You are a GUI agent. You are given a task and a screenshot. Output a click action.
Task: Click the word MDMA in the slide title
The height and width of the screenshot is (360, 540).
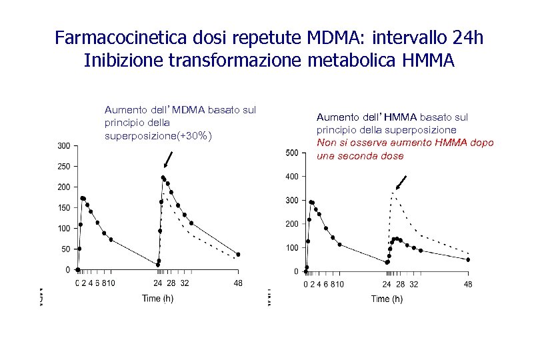[x=339, y=37]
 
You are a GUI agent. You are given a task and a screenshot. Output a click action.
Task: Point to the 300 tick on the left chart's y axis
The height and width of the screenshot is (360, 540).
[x=63, y=145]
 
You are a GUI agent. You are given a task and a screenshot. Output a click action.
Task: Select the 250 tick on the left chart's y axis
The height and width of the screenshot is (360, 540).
[x=63, y=166]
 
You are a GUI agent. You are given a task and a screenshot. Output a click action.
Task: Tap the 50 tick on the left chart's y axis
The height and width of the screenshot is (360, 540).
[x=65, y=249]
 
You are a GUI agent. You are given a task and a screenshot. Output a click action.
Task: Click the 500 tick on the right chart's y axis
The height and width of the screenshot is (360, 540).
[x=291, y=153]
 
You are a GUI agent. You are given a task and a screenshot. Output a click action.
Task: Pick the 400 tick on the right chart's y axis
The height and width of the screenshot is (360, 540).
[x=291, y=177]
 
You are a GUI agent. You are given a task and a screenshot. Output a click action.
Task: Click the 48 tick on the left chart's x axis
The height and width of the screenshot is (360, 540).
[x=237, y=283]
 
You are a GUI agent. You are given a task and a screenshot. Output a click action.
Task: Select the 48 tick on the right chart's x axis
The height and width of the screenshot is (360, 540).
[x=468, y=285]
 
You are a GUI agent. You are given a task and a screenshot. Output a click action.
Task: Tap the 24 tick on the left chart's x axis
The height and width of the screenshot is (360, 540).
[x=158, y=283]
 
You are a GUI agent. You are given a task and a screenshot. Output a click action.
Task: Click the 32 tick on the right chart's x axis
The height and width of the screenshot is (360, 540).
[x=413, y=285]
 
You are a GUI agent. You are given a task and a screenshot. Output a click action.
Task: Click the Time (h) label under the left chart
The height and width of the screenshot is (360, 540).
[x=157, y=298]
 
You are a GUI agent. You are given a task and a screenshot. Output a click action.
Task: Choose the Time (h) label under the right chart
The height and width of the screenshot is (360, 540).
[x=387, y=299]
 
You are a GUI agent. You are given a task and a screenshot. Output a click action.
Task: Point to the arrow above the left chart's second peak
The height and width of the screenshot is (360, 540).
[x=167, y=160]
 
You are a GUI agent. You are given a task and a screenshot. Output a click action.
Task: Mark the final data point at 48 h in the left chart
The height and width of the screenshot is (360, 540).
[x=238, y=255]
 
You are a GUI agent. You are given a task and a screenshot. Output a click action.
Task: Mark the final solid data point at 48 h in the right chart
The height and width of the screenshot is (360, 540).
[x=468, y=259]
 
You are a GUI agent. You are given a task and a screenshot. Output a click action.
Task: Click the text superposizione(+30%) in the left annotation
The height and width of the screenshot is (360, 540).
[x=159, y=136]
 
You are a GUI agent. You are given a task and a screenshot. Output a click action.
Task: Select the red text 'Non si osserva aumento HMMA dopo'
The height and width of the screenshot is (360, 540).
[x=405, y=143]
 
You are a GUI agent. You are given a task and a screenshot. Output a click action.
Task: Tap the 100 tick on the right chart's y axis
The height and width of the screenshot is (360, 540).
[x=291, y=248]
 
